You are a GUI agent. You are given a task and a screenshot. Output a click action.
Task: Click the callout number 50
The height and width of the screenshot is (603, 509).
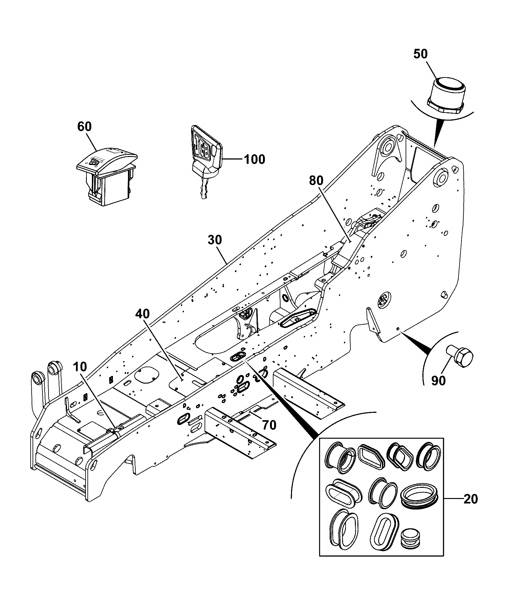tap(420, 54)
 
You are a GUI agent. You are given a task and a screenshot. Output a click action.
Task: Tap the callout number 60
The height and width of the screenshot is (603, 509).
tap(85, 127)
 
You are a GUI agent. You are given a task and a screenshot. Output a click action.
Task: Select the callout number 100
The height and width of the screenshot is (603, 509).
tap(254, 159)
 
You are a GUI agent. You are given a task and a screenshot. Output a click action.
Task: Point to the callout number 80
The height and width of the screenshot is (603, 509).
tap(316, 181)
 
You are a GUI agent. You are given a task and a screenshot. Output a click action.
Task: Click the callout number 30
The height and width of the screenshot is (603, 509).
tap(215, 240)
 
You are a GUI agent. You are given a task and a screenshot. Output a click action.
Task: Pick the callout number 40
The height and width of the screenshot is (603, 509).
tap(142, 314)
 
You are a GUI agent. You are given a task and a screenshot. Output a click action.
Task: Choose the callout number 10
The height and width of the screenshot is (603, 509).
tap(80, 367)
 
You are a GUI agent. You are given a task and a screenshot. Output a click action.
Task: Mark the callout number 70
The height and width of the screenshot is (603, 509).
tap(269, 425)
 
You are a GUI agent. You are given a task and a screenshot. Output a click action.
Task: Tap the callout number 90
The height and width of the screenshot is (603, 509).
tap(438, 380)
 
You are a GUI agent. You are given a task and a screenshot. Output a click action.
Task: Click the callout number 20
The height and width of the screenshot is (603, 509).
tap(471, 499)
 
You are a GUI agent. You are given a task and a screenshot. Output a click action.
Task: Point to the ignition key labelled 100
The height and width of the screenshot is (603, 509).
tap(206, 161)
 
